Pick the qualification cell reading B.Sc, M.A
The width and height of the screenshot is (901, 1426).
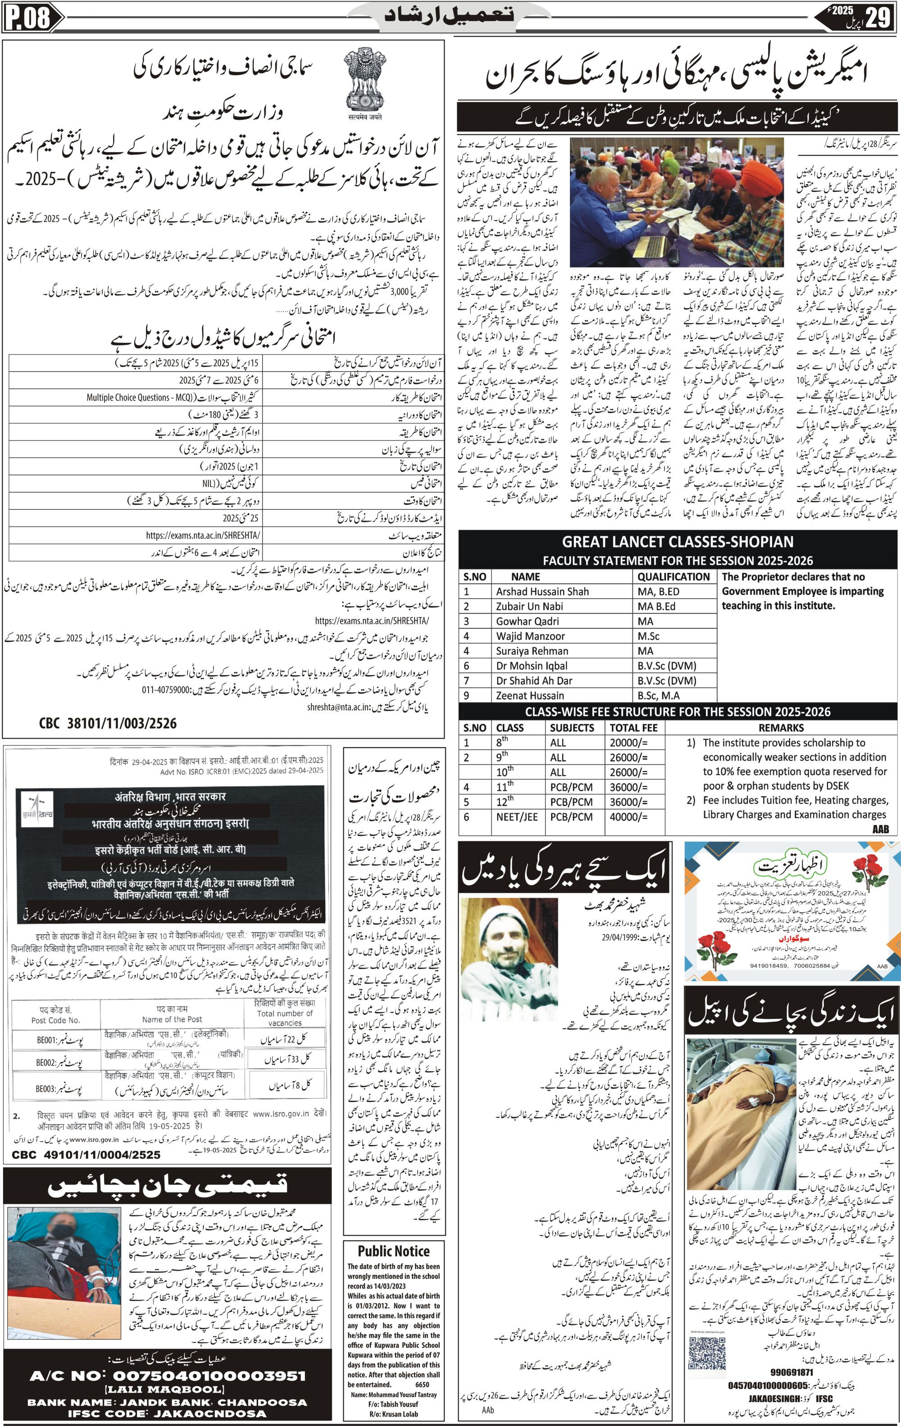tap(658, 695)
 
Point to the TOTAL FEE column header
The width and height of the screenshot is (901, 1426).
tap(633, 728)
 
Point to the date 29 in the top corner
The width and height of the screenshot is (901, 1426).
tap(877, 17)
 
